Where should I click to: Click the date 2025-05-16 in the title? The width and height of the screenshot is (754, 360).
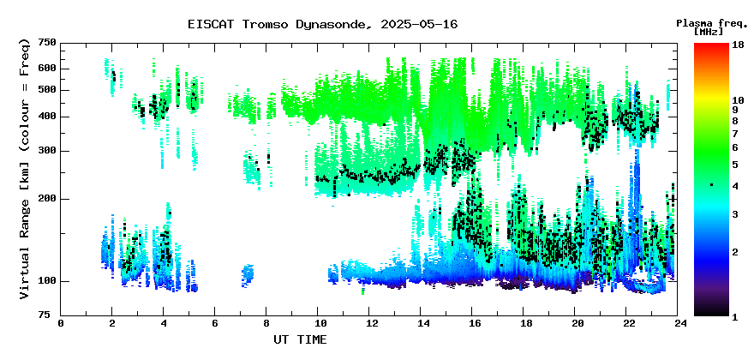(x=419, y=24)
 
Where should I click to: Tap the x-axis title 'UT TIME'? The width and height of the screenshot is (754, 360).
(x=300, y=339)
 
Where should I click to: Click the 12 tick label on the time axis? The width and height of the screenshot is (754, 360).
(x=368, y=323)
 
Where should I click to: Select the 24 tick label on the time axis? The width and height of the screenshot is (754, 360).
(x=678, y=323)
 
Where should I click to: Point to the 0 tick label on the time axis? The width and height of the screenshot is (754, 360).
(x=61, y=323)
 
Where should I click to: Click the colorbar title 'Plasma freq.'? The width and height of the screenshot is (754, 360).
(x=712, y=24)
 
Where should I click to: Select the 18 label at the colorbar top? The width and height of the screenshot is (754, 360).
(x=738, y=45)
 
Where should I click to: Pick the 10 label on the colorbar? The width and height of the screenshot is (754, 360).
(x=738, y=100)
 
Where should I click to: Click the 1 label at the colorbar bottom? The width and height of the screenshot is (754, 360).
(x=735, y=316)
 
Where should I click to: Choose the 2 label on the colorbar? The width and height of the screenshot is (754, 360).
(x=735, y=252)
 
